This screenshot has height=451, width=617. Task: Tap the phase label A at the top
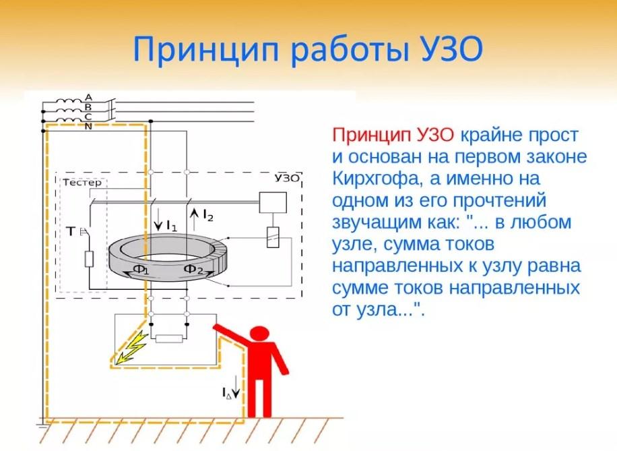pyautogui.click(x=88, y=97)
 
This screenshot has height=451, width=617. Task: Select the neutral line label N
pyautogui.click(x=88, y=127)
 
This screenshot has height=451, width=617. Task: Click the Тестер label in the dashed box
pyautogui.click(x=82, y=183)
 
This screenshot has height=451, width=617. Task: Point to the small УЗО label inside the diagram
pyautogui.click(x=287, y=178)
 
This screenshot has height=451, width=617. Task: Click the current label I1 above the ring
pyautogui.click(x=172, y=226)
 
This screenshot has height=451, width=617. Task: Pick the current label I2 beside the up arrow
pyautogui.click(x=208, y=215)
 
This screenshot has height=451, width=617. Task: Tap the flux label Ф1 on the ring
pyautogui.click(x=141, y=270)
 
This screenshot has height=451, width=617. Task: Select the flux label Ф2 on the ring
pyautogui.click(x=194, y=269)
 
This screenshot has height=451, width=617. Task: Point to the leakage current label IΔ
pyautogui.click(x=226, y=393)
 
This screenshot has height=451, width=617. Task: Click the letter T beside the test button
pyautogui.click(x=71, y=231)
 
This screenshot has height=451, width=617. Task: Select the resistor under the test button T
pyautogui.click(x=90, y=260)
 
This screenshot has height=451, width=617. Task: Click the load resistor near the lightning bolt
pyautogui.click(x=169, y=338)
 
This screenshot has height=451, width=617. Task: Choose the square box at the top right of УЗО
pyautogui.click(x=272, y=202)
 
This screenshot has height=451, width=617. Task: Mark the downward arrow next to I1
pyautogui.click(x=158, y=220)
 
